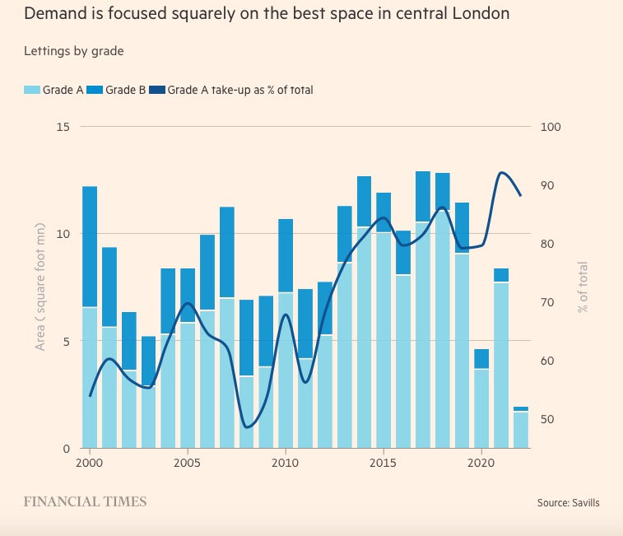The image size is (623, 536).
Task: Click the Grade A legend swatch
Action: pos(29,90)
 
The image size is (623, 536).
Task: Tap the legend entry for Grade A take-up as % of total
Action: pos(239,90)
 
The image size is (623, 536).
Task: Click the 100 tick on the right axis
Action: pos(550,127)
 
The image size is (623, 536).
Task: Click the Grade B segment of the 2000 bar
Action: pos(90,247)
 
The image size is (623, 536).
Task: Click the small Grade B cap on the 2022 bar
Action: pos(521,408)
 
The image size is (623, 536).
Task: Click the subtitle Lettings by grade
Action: pos(74,51)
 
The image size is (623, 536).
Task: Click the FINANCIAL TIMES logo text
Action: pos(85,501)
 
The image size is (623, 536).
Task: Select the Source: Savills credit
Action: pos(567,502)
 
